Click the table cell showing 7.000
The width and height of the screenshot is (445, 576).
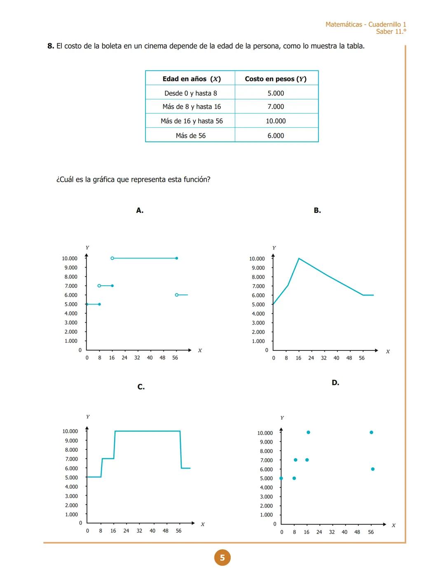point(276,107)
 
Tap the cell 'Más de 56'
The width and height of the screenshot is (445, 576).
point(190,136)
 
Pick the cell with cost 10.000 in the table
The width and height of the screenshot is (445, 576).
point(276,121)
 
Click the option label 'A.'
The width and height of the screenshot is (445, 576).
point(140,211)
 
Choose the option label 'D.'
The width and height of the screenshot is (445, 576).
point(335,383)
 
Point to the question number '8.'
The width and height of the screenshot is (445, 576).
point(51,46)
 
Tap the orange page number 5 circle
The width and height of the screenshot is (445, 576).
point(222,558)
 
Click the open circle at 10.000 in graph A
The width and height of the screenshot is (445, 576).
point(112,258)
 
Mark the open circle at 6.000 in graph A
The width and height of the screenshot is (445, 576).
point(177,295)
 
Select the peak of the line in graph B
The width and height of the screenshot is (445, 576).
point(299,259)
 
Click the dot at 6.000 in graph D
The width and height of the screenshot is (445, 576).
point(372,469)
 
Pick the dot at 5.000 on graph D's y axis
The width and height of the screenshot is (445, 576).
point(281,478)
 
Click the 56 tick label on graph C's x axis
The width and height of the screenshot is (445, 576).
point(178,531)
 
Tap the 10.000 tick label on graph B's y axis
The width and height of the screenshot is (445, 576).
point(257,259)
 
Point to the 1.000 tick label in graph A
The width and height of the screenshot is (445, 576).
point(71,341)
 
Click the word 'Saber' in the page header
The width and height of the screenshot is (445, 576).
point(384,32)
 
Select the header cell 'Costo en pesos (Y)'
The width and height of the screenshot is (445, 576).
point(276,79)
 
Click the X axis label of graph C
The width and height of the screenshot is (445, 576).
point(203,524)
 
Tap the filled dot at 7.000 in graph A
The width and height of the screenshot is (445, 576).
point(112,286)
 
